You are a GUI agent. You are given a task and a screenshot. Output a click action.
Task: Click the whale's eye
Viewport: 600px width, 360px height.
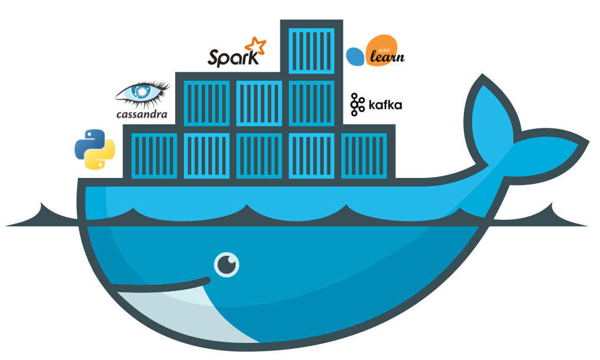[226, 265]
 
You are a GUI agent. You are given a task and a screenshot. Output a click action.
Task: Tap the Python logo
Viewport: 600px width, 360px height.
[94, 149]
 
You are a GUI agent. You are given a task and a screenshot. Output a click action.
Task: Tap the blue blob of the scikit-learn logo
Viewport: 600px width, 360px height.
[355, 56]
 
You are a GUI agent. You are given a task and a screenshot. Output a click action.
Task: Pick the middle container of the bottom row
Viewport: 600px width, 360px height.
[259, 155]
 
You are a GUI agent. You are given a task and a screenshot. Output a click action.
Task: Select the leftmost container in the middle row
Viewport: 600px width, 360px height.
[206, 103]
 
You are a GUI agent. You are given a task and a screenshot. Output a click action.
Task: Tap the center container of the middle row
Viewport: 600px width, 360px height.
[259, 103]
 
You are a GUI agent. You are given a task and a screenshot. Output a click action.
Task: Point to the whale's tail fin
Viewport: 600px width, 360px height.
[519, 130]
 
